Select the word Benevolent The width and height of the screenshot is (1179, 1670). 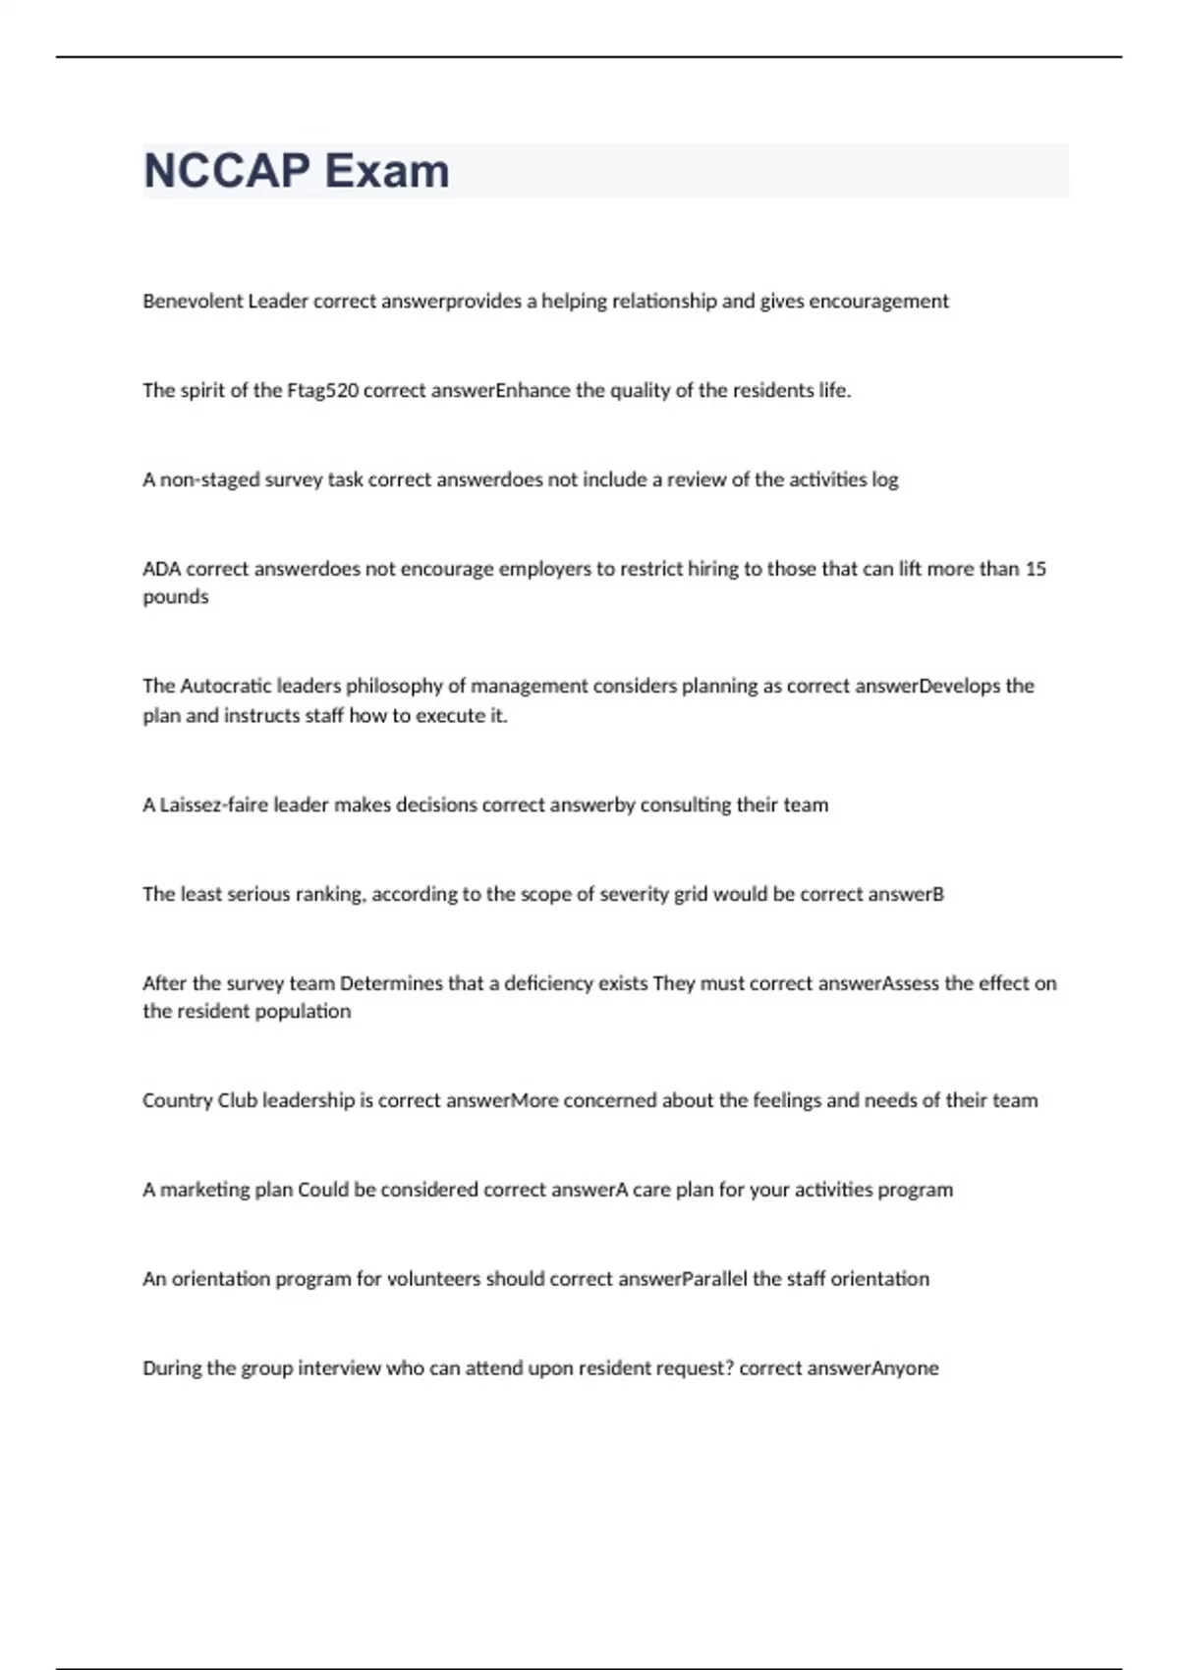(x=193, y=302)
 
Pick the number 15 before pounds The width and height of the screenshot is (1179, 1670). (x=1036, y=569)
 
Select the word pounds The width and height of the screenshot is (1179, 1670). (x=176, y=597)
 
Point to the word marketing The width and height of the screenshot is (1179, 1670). (x=207, y=1190)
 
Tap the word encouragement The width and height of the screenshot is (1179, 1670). (x=878, y=302)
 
